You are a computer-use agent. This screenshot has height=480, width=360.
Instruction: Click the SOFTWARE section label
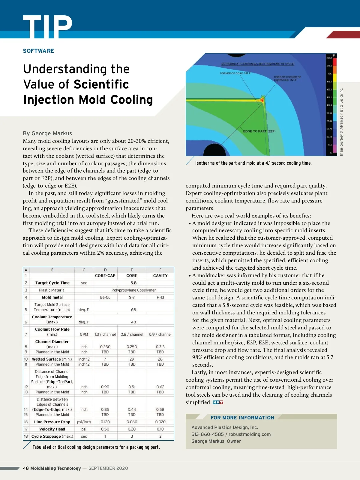[x=39, y=51]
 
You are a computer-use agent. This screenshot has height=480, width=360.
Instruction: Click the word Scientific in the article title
[x=101, y=85]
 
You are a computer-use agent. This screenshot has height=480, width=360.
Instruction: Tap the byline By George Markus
[x=47, y=133]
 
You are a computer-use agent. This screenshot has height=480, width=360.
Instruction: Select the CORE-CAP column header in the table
[x=105, y=276]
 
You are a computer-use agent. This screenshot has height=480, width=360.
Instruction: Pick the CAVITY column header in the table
[x=160, y=276]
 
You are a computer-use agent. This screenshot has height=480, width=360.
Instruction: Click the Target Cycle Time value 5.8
[x=133, y=283]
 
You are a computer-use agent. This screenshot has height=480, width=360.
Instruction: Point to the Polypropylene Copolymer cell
[x=133, y=290]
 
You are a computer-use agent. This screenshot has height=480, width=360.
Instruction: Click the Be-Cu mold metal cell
[x=105, y=297]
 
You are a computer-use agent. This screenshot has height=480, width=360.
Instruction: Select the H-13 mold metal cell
[x=160, y=297]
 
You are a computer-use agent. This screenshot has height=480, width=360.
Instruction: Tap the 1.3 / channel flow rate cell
[x=105, y=334]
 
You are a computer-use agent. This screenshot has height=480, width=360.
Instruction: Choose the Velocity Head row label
[x=52, y=429]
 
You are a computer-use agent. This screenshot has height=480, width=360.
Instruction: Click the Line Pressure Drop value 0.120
[x=105, y=422]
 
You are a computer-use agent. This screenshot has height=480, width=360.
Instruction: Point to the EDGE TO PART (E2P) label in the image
[x=259, y=131]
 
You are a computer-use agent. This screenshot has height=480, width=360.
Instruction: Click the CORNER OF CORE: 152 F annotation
[x=235, y=73]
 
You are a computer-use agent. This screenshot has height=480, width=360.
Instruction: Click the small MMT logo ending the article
[x=218, y=402]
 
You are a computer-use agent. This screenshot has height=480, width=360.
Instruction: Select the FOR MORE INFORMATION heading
[x=242, y=418]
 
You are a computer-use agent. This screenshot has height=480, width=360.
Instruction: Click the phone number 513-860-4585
[x=208, y=434]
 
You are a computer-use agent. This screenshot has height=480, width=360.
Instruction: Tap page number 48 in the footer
[x=26, y=468]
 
